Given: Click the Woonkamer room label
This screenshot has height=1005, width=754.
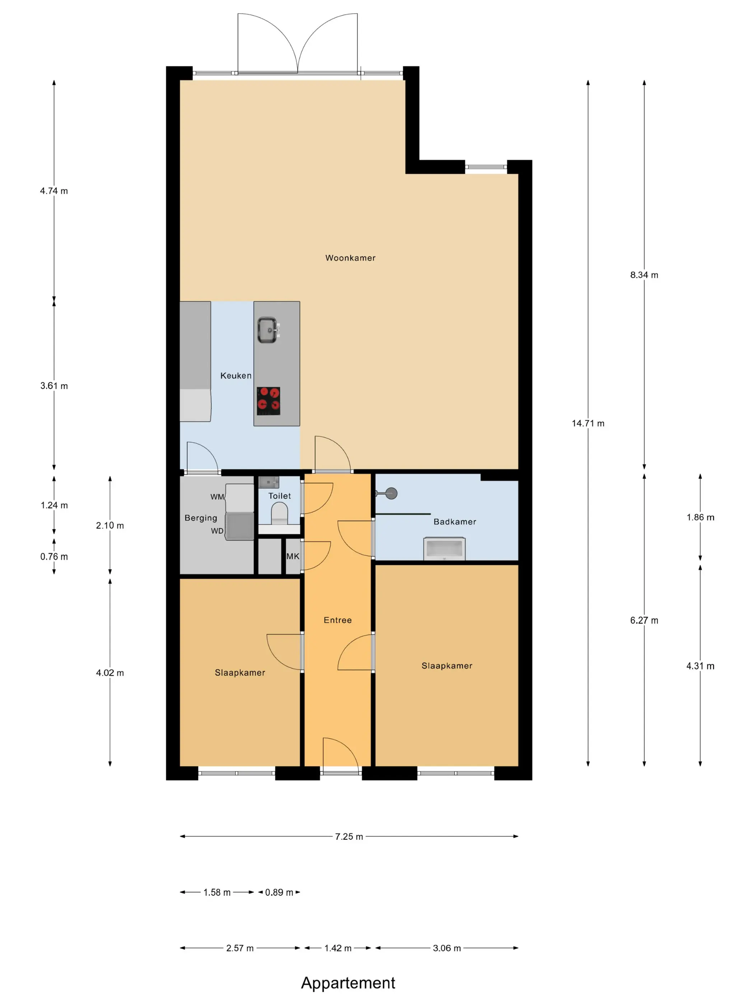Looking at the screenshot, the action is tap(350, 258).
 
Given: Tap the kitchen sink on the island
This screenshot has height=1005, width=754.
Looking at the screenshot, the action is tap(268, 330).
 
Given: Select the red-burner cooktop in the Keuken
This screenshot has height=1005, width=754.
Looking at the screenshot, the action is tap(268, 401).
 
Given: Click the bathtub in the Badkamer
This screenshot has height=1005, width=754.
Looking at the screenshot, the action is tap(444, 549).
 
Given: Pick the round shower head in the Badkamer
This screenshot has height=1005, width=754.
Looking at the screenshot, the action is tap(391, 494).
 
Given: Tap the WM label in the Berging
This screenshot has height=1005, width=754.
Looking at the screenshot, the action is tap(217, 497).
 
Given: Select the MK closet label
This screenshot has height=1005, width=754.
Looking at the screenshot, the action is tap(293, 556).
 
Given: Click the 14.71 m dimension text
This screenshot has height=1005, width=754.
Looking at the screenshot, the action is tap(588, 424).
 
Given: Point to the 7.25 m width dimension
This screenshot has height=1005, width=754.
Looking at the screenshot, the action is tap(349, 836).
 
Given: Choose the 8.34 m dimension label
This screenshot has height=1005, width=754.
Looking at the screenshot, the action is tap(644, 275).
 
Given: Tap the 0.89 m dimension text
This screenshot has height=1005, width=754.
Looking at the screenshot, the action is tap(279, 892).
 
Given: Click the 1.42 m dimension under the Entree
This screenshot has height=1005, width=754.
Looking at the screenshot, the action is tap(338, 948).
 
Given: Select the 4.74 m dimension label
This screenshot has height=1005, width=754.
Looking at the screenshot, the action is tap(54, 191).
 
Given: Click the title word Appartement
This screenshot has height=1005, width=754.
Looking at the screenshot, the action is tap(348, 983).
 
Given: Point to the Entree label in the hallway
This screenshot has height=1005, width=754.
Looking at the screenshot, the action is tap(338, 620).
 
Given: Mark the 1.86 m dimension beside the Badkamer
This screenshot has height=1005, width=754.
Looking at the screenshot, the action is tap(701, 518).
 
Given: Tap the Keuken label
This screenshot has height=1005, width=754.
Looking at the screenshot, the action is tap(236, 376).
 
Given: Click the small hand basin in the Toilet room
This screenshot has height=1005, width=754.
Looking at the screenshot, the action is tap(269, 482).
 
